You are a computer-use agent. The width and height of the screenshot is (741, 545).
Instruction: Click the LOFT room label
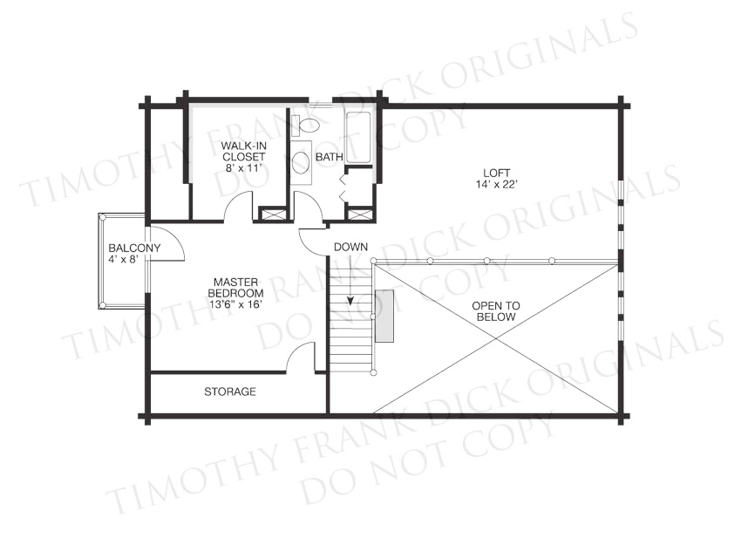(x=496, y=173)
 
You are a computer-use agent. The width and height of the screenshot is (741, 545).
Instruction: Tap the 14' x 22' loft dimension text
(x=497, y=184)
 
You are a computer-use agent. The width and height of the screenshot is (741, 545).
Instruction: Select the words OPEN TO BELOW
(x=496, y=311)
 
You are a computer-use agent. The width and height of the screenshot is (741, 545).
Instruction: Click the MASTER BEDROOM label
(x=236, y=288)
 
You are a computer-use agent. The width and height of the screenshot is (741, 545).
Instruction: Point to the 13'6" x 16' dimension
(x=236, y=304)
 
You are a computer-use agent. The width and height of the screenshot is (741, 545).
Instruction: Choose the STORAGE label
(x=230, y=392)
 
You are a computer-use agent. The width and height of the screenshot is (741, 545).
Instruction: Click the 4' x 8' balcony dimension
(x=122, y=259)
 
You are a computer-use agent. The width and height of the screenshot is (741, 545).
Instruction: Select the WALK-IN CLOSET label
(x=243, y=151)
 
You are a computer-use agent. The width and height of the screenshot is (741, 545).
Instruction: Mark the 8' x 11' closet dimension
(x=243, y=167)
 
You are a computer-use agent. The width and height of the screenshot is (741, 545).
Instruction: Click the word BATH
(x=330, y=157)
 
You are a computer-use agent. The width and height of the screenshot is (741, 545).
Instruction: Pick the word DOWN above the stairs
(x=350, y=247)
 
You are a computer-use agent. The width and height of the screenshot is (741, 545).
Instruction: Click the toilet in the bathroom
(x=306, y=126)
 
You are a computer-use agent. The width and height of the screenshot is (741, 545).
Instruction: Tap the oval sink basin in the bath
(x=301, y=162)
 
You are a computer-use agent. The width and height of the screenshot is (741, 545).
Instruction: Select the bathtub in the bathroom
(x=357, y=138)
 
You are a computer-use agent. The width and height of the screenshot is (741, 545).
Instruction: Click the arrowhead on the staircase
(x=350, y=300)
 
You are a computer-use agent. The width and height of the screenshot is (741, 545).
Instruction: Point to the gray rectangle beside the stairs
(x=384, y=316)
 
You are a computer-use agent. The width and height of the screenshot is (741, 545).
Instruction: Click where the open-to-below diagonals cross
(x=496, y=338)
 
